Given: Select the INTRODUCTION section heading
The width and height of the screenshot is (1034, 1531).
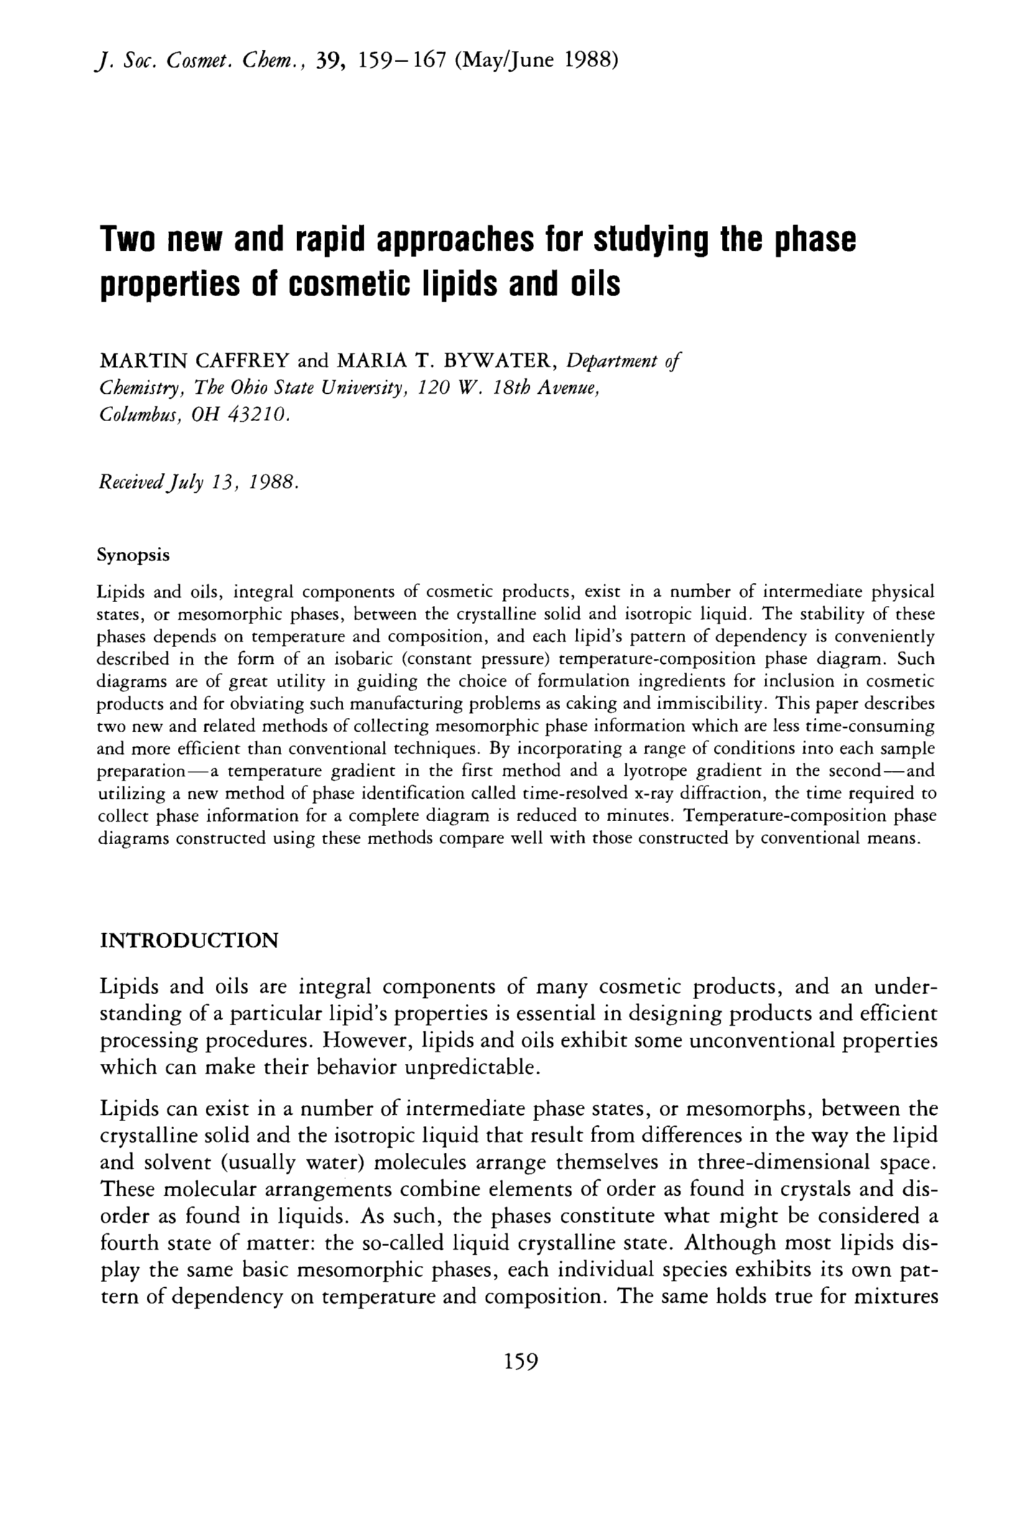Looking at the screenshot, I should click(x=188, y=940).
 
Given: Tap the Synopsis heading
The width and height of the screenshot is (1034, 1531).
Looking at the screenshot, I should click(x=133, y=555).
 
